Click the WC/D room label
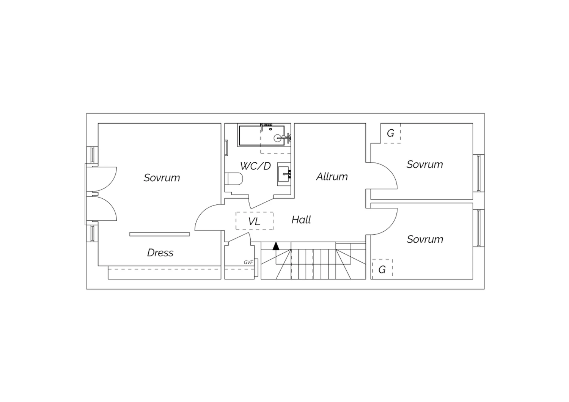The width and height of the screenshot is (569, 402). click(x=255, y=166)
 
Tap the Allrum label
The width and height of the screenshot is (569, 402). click(x=332, y=176)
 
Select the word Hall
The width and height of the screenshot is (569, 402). click(x=301, y=220)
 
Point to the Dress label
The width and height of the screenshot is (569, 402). click(x=160, y=253)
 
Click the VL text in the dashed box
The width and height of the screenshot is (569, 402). click(x=254, y=221)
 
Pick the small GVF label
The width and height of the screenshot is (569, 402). click(x=248, y=262)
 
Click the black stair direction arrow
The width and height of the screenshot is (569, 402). click(x=276, y=246)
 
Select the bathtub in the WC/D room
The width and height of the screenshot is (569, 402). click(x=262, y=136)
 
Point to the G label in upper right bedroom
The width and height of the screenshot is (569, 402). click(x=390, y=133)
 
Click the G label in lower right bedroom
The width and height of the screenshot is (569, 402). click(x=382, y=270)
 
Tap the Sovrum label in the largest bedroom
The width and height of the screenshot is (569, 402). click(x=162, y=177)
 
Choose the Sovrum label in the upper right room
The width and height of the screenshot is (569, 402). click(x=425, y=164)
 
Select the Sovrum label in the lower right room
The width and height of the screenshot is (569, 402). click(x=425, y=239)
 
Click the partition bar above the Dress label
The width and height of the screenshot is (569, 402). click(x=160, y=234)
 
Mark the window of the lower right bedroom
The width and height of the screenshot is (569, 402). click(x=479, y=228)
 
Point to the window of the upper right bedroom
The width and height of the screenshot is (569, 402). click(x=479, y=173)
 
